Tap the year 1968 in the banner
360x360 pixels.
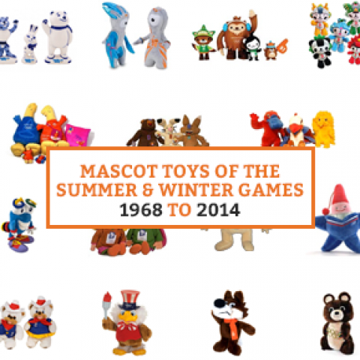tap(141, 210)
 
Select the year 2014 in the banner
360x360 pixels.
tap(218, 210)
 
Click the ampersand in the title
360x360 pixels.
tap(148, 190)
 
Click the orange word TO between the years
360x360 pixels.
tap(180, 210)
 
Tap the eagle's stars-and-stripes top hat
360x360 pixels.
tap(129, 299)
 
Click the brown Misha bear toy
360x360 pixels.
tap(337, 322)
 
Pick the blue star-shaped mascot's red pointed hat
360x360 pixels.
tap(338, 197)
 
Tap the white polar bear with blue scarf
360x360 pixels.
tap(58, 37)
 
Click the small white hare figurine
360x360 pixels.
tap(31, 44)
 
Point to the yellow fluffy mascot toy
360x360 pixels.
tap(323, 128)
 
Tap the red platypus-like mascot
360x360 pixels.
tap(266, 128)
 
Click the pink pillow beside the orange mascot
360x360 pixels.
tap(78, 136)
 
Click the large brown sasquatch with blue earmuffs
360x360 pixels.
tap(236, 37)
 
